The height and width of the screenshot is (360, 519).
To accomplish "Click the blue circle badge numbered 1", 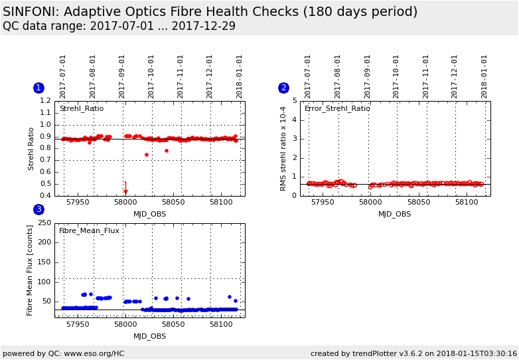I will [38, 88].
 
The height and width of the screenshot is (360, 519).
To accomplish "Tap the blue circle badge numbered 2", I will [283, 88].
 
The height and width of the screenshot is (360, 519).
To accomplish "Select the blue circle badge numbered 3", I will [38, 209].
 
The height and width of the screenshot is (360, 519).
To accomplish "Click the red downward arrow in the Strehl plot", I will [125, 190].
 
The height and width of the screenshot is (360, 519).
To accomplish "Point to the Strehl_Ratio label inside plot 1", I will [81, 108].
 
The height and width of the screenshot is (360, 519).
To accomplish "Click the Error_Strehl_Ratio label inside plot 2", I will [337, 108].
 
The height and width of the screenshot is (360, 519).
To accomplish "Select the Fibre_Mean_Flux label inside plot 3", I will [89, 230].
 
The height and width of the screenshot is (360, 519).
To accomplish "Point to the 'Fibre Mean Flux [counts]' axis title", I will [30, 270].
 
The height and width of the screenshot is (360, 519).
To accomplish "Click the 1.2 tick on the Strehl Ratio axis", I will [45, 101].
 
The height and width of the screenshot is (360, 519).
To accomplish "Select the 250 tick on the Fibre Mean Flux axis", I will [44, 223].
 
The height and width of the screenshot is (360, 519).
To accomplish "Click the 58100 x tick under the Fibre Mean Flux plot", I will [220, 325].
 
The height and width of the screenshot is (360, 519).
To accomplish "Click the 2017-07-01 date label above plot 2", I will [308, 76].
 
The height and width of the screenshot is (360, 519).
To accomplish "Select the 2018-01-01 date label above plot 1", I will [239, 76].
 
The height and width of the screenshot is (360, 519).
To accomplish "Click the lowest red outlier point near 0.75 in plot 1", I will [147, 155].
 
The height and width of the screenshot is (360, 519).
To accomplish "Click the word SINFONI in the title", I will [31, 12].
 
